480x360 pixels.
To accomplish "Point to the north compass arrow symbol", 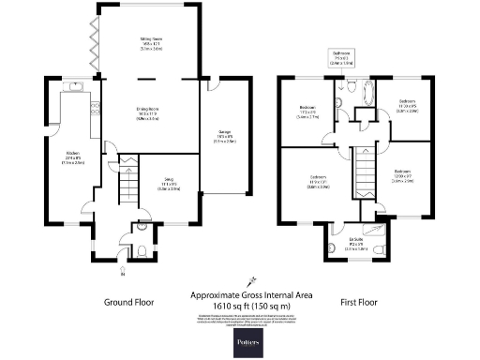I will pyautogui.click(x=250, y=279).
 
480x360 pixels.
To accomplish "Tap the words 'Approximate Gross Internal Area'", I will pyautogui.click(x=252, y=294).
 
